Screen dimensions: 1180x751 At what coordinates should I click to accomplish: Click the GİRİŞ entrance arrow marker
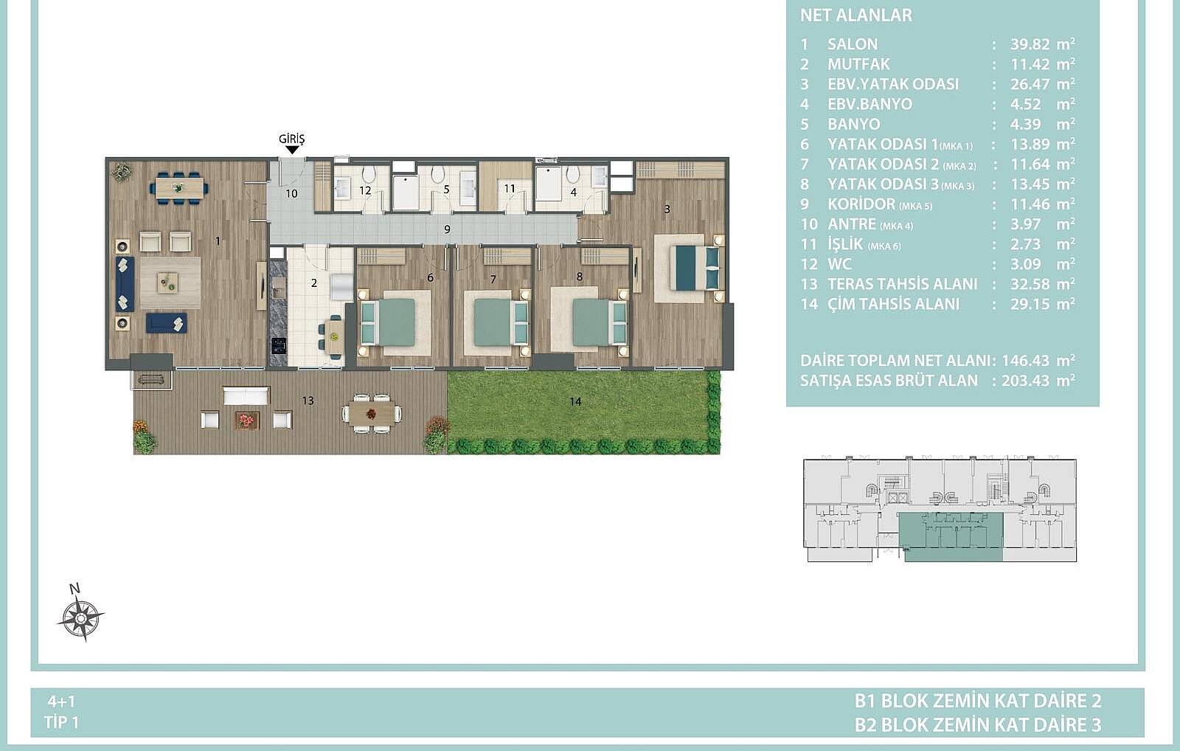click(292, 150)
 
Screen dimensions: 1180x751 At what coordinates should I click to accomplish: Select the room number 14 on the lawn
click(575, 401)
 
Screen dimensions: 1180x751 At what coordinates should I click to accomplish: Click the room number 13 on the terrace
click(308, 401)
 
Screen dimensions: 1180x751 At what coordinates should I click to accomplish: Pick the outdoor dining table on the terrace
click(372, 414)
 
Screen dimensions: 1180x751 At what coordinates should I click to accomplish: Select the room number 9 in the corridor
click(447, 229)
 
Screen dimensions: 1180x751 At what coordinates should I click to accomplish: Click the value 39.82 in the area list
click(1030, 44)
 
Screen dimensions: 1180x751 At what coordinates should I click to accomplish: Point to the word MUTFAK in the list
click(858, 64)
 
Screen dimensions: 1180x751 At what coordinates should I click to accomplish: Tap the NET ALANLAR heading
click(856, 15)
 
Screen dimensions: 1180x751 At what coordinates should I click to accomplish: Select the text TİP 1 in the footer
click(62, 722)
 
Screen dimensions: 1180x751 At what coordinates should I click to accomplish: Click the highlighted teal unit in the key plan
click(951, 539)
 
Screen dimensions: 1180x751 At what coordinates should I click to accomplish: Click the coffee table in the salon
click(170, 283)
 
